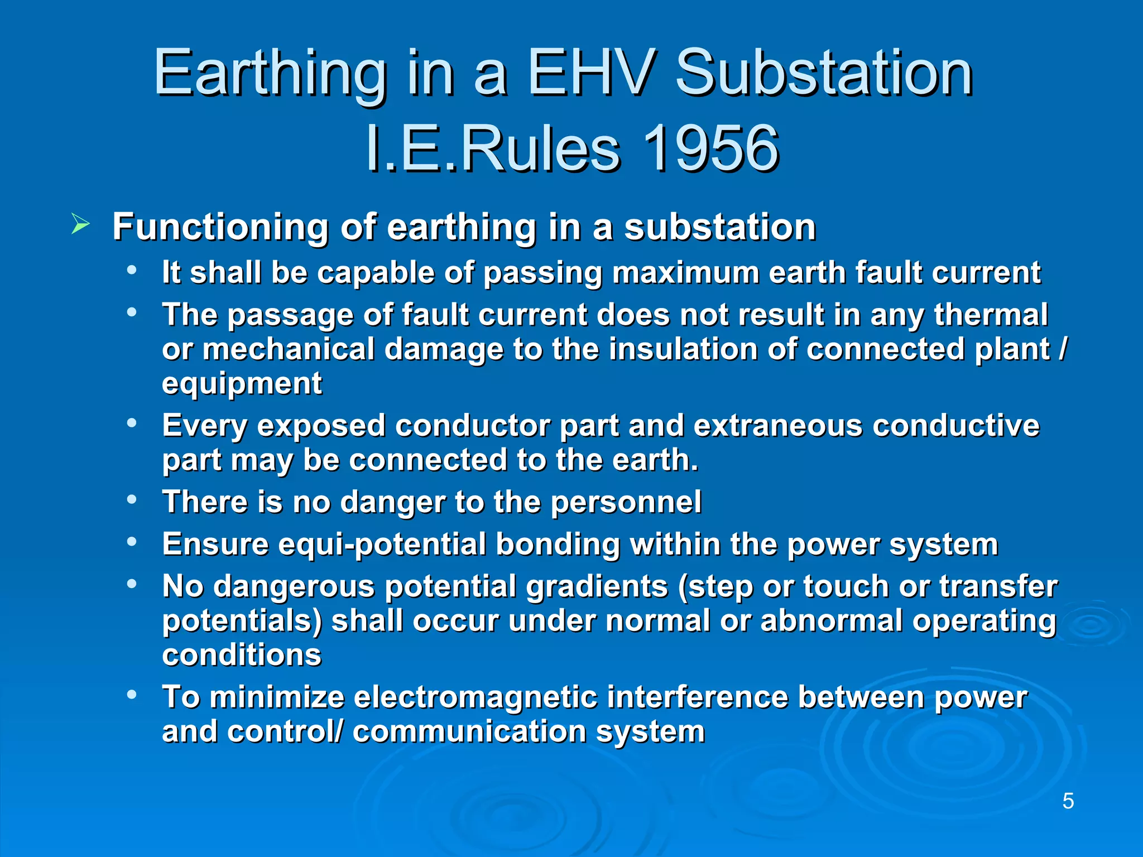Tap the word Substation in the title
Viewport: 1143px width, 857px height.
point(824,73)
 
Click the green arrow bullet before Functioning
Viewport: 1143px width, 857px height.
point(80,225)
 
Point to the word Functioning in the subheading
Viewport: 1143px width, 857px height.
point(220,227)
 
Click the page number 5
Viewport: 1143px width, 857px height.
point(1068,801)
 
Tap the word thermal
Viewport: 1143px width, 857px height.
point(991,315)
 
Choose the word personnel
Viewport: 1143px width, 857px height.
point(626,502)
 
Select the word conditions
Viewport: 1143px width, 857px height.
point(242,655)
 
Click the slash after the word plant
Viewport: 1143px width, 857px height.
point(1063,349)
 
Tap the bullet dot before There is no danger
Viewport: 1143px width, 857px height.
point(132,499)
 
